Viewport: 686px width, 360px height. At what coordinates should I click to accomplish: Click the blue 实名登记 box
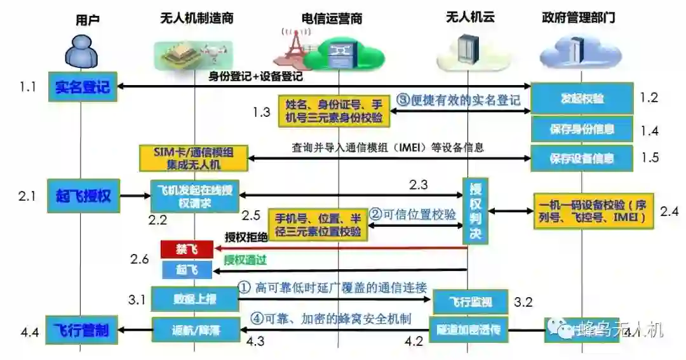83,86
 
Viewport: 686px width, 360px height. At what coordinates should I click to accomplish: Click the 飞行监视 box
471,302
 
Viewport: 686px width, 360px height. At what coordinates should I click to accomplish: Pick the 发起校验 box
582,98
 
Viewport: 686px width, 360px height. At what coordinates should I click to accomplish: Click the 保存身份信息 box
582,129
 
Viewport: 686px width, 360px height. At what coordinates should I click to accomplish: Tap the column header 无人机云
471,17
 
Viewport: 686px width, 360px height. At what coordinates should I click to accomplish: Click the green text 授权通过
244,260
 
